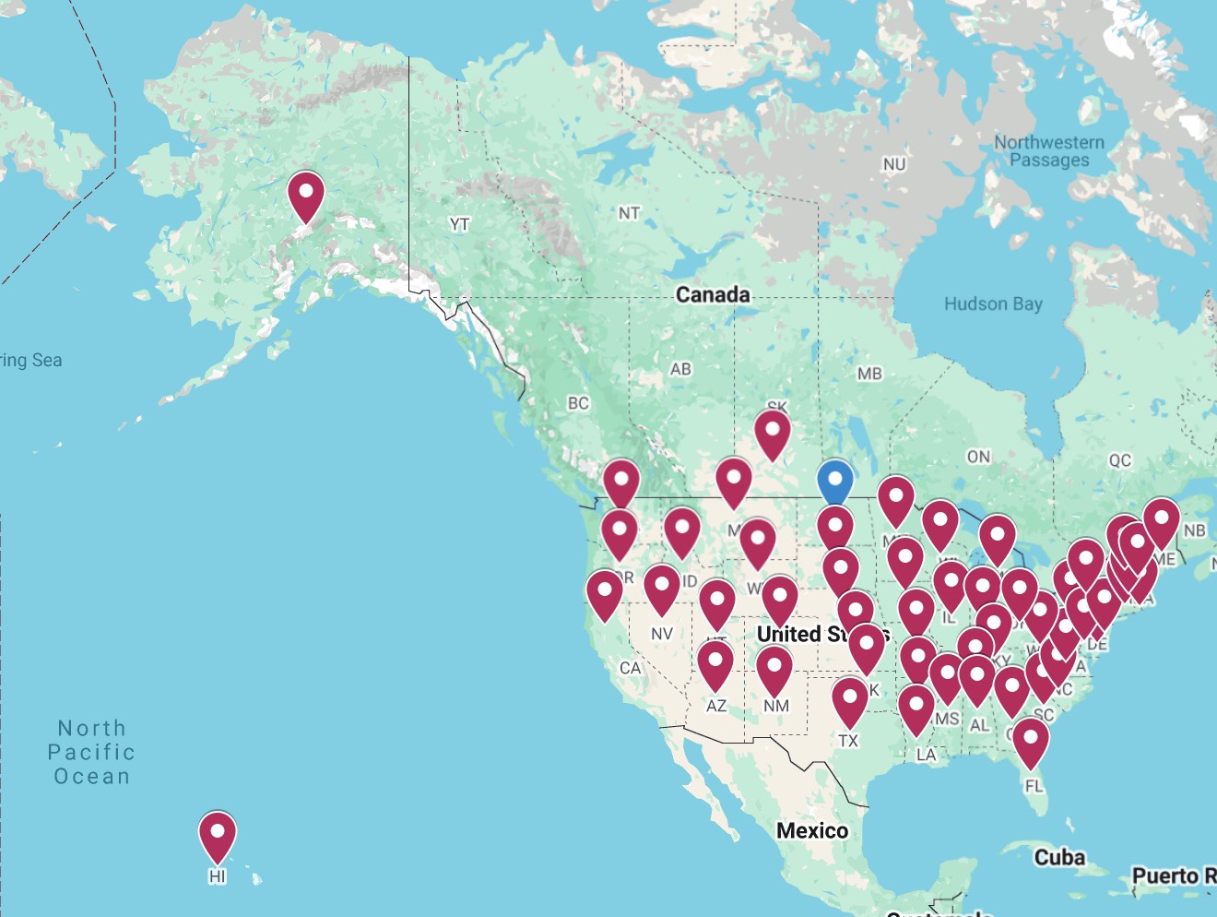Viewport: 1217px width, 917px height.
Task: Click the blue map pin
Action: (834, 482)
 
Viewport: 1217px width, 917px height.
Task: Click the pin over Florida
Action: (1030, 742)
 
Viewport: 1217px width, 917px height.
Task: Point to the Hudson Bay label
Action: (993, 304)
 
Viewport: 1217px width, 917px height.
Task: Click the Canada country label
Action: (713, 294)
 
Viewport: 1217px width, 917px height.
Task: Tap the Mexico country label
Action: (811, 830)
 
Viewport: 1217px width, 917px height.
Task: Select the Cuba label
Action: (1059, 857)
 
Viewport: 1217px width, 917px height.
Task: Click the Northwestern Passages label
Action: (1049, 151)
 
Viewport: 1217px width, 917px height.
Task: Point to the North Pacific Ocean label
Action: (91, 753)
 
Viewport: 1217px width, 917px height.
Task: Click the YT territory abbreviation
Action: (459, 224)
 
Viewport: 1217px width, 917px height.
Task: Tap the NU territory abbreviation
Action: (893, 164)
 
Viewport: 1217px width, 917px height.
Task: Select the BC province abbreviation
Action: (578, 403)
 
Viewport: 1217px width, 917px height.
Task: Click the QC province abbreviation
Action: (1119, 460)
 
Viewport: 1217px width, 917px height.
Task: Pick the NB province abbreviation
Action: (1194, 530)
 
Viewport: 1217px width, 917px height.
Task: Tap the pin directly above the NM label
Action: (774, 670)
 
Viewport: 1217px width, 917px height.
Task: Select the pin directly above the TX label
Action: (849, 701)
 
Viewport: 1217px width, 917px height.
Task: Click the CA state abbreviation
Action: (630, 668)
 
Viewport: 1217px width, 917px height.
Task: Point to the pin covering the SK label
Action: (772, 434)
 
